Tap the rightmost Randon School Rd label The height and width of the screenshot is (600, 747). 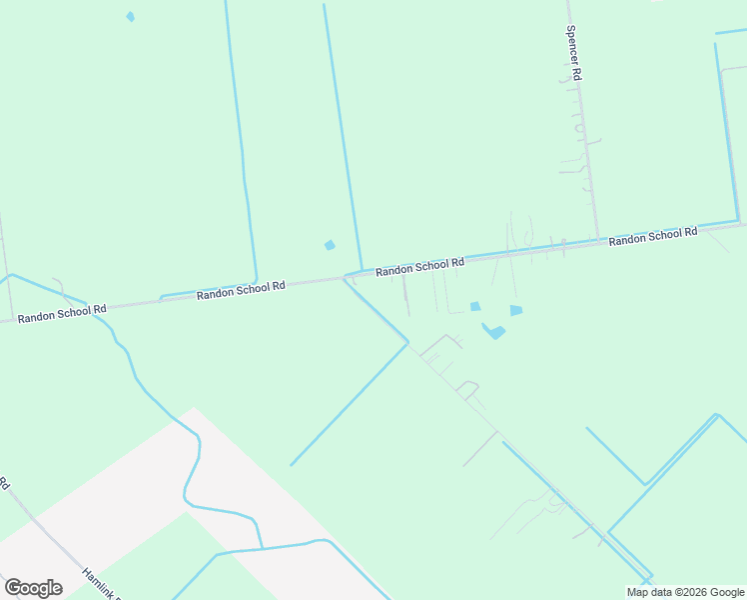click(653, 236)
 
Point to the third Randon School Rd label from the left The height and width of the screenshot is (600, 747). click(419, 266)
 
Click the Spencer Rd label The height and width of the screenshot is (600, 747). click(574, 53)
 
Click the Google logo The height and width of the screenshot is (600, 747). click(33, 588)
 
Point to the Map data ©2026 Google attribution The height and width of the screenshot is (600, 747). click(685, 592)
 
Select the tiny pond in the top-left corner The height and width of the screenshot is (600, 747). click(130, 17)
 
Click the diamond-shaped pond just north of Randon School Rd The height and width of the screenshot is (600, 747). click(330, 245)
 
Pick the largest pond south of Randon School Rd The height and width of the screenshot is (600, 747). click(493, 331)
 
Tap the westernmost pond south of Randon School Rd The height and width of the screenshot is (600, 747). click(475, 306)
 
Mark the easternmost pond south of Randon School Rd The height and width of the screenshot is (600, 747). click(516, 310)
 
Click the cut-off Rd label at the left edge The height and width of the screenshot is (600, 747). click(4, 485)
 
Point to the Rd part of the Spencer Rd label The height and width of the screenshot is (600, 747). click(577, 74)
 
